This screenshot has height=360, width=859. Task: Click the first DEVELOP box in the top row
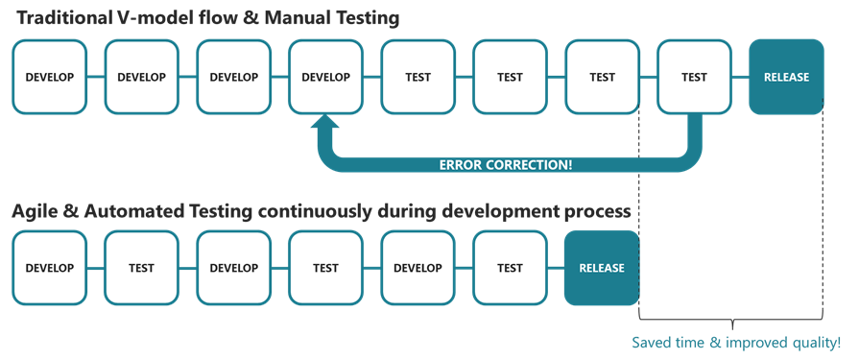[49, 78]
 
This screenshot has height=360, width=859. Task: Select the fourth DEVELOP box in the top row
[325, 78]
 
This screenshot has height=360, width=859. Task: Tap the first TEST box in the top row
[418, 78]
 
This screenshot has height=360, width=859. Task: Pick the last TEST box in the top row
[694, 78]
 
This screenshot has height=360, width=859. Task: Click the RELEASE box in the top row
[786, 78]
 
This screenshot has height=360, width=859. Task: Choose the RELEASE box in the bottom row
[602, 268]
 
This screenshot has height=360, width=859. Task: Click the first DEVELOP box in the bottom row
[49, 268]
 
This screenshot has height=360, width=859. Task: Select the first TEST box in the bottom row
[141, 268]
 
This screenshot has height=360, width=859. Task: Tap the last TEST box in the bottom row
[510, 268]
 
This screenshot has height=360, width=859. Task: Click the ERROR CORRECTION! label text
[506, 164]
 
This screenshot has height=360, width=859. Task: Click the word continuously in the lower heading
[315, 209]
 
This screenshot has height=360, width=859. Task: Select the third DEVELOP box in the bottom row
[418, 268]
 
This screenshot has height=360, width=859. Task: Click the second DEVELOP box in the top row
[141, 78]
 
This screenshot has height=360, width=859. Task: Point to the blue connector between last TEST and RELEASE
[739, 78]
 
